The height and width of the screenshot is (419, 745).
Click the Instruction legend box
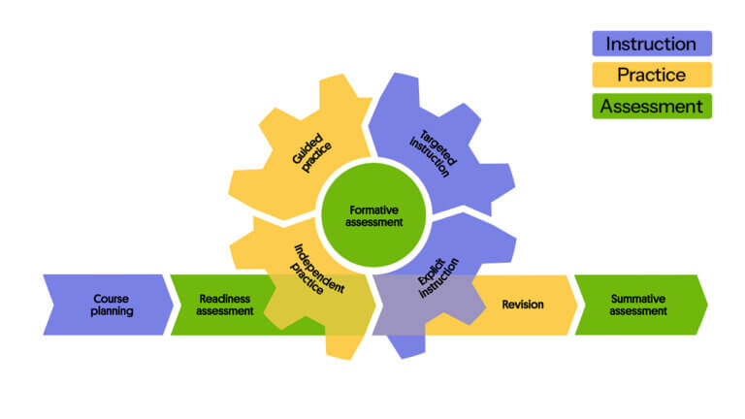651,44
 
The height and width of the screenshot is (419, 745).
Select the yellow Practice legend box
651,75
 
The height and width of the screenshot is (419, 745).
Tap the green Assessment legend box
651,107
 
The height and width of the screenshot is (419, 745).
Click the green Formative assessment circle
373,215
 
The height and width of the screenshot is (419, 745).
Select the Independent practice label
315,272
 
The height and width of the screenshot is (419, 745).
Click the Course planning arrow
110,305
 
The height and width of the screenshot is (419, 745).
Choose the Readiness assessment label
224,305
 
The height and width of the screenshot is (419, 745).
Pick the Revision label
522,305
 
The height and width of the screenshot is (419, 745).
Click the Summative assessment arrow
638,305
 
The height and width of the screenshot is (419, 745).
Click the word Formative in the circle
373,209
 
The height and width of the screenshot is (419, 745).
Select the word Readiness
224,298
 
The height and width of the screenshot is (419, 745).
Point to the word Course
111,298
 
